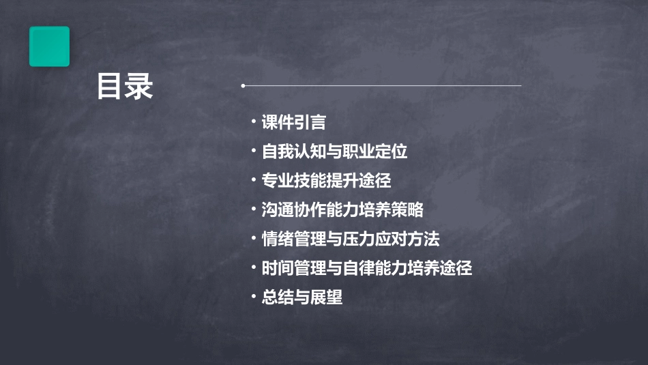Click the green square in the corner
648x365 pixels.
(x=49, y=46)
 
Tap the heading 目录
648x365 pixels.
(x=125, y=87)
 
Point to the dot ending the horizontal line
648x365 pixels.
(x=243, y=86)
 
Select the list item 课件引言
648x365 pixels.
(x=293, y=123)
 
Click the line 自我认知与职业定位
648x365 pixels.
(x=334, y=151)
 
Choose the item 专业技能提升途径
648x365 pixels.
(x=326, y=181)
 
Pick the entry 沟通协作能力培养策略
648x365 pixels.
(x=342, y=209)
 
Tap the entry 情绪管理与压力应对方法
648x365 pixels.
(x=351, y=239)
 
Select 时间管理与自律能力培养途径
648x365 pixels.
(x=367, y=268)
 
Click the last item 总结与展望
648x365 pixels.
(x=302, y=297)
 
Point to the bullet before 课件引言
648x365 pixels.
(x=253, y=122)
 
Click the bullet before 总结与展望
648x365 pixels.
(x=253, y=297)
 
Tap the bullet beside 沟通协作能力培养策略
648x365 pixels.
(x=253, y=209)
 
